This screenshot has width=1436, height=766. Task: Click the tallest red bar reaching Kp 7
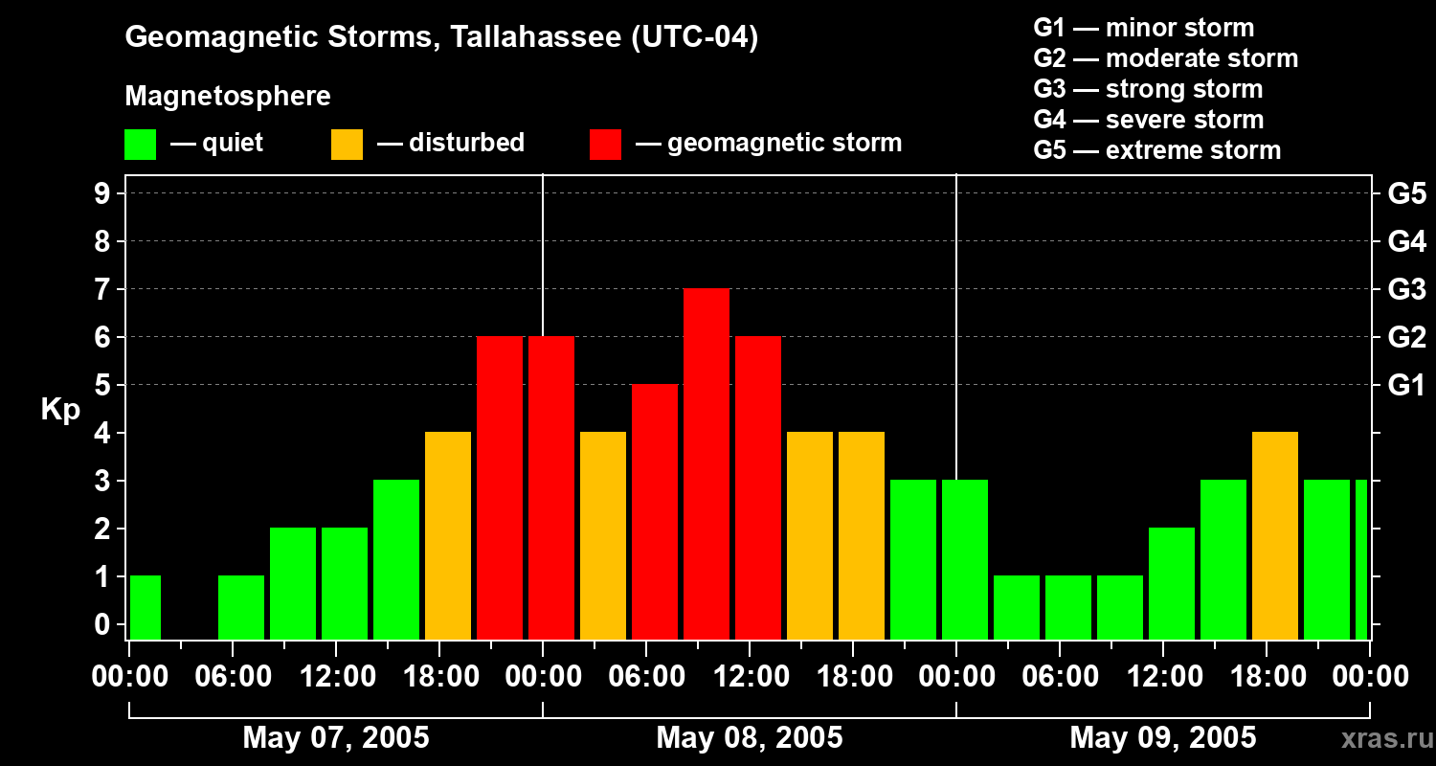click(x=707, y=463)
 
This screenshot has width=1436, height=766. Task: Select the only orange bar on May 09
click(x=1275, y=535)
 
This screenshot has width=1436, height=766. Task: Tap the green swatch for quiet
click(x=141, y=144)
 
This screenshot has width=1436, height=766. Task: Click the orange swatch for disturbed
click(x=348, y=144)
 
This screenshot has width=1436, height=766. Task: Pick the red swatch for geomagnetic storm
click(x=605, y=144)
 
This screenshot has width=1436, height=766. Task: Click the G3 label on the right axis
click(x=1406, y=290)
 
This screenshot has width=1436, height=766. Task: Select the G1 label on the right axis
click(x=1406, y=386)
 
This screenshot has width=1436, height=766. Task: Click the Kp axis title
click(x=60, y=410)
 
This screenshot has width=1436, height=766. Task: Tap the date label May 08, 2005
click(x=750, y=737)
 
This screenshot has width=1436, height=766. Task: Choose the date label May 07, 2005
click(x=336, y=737)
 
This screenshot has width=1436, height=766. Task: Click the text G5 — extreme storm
click(x=1157, y=150)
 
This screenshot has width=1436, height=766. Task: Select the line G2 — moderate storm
click(x=1166, y=58)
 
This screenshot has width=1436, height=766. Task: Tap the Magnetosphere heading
click(x=228, y=97)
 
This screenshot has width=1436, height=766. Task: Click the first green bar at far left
click(x=146, y=607)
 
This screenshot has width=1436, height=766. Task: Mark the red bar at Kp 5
click(x=655, y=511)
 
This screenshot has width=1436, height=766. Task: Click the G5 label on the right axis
click(x=1406, y=194)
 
